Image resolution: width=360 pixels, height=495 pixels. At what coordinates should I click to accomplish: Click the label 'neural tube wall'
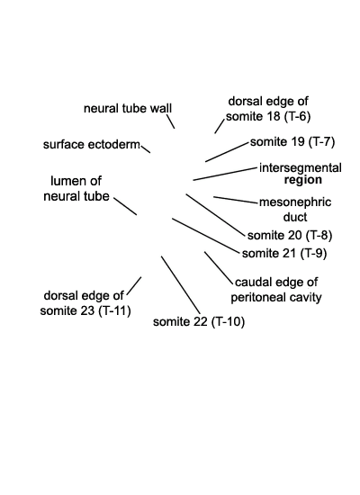[x=128, y=109]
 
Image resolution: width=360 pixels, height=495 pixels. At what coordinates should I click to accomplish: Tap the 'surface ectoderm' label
[x=91, y=145]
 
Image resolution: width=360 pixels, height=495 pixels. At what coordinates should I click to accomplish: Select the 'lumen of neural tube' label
[x=76, y=188]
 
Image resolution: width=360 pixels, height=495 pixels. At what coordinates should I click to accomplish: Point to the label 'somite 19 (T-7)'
[x=292, y=142]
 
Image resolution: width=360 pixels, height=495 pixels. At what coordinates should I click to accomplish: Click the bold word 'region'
[x=302, y=180]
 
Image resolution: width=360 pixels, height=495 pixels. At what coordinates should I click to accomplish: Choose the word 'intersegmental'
[x=300, y=167]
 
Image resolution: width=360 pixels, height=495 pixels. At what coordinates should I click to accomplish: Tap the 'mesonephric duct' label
[x=295, y=210]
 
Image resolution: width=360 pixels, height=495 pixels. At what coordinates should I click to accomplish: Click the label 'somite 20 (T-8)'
[x=290, y=236]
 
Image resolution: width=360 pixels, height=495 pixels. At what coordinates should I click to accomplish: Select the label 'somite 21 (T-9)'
[x=284, y=254]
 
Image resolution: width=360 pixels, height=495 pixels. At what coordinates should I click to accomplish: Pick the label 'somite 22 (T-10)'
[x=199, y=321]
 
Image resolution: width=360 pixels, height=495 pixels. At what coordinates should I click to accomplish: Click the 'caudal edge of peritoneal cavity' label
[x=275, y=290]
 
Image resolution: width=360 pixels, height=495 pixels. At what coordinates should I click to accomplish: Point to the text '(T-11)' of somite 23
[x=114, y=311]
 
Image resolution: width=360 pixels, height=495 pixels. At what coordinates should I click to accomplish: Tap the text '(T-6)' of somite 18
[x=297, y=116]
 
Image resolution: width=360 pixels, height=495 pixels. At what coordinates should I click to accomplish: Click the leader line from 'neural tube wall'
[x=170, y=121]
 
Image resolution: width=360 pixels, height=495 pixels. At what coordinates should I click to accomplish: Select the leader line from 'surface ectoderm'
[x=145, y=149]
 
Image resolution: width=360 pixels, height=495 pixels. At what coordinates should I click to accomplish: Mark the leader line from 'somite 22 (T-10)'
[x=181, y=284]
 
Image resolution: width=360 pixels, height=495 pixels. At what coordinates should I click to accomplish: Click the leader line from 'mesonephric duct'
[x=236, y=200]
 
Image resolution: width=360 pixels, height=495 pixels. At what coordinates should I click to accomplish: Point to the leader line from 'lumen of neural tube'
[x=125, y=206]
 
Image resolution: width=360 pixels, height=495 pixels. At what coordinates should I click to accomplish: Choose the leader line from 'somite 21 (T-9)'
[x=206, y=236]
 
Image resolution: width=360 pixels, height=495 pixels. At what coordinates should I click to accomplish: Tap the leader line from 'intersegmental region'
[x=225, y=174]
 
